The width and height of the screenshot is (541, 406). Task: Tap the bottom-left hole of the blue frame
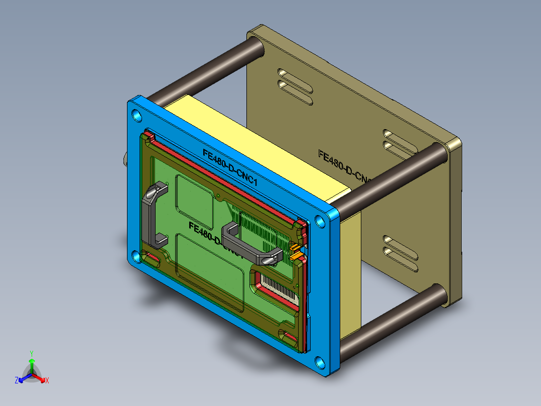coord(137,256)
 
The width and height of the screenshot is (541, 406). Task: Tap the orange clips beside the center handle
coord(297,252)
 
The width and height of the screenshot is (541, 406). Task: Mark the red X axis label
coord(47,381)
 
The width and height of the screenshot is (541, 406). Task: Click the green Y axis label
coord(31,353)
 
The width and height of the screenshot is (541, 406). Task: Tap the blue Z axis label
coord(17,381)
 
